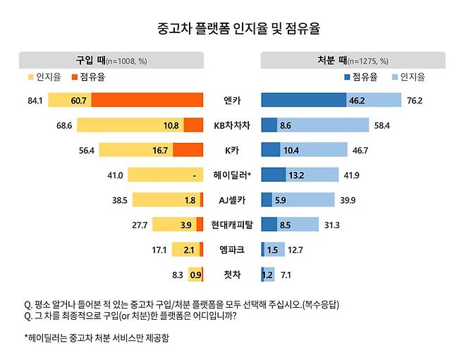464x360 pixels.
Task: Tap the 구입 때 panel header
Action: [x=111, y=61]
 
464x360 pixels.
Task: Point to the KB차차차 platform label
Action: [x=231, y=125]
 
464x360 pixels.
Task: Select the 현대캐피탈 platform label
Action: [x=231, y=225]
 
